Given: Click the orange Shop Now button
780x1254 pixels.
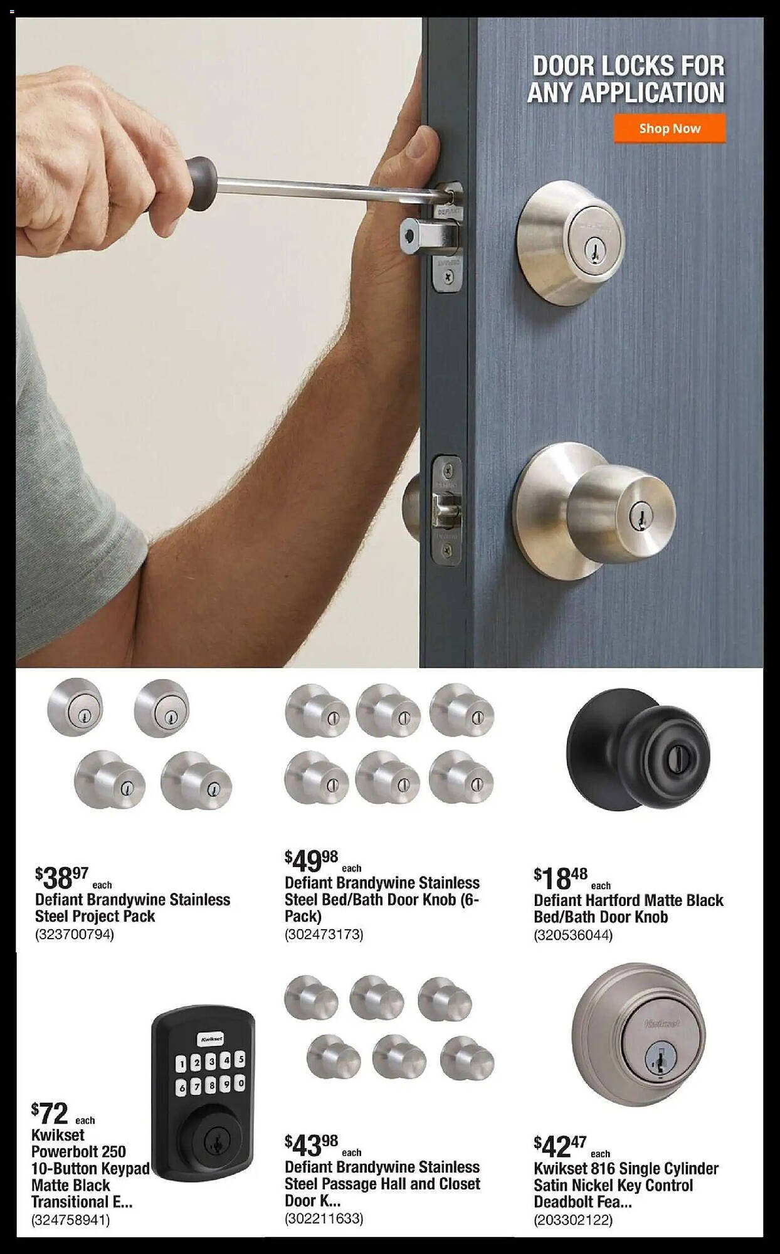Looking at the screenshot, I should (x=670, y=129).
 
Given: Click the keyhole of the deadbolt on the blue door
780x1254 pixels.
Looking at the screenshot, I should (x=590, y=251).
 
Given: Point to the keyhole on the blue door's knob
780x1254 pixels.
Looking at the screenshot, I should (x=640, y=515).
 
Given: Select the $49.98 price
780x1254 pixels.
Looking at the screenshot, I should (x=311, y=861).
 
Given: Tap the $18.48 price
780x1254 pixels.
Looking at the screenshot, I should (x=561, y=878).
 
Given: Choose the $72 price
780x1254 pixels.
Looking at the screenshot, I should (x=50, y=1114).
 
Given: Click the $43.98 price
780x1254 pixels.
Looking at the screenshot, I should (x=311, y=1146).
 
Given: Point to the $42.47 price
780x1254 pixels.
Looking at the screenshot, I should (x=560, y=1147).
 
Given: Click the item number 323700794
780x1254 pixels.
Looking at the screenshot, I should (x=75, y=935).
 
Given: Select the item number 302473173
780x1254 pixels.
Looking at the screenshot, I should (x=324, y=935).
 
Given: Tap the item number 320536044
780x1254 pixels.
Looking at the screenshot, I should (x=573, y=935).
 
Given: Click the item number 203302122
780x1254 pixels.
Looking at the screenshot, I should (x=573, y=1220).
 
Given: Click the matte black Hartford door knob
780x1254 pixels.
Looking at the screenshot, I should (x=638, y=750).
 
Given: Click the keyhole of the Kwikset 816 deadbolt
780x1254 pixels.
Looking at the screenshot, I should (x=656, y=1060).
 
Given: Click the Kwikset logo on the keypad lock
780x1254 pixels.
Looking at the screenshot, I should (x=210, y=1039).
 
